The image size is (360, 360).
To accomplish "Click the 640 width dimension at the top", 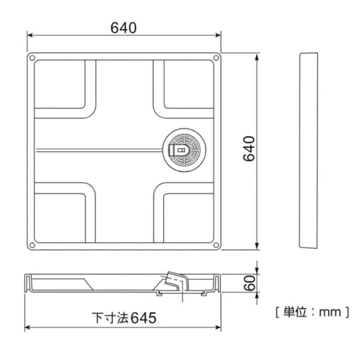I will point(124,28).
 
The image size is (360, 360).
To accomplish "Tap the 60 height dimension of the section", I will point(248,283).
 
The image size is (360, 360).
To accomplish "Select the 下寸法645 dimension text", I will point(124,318).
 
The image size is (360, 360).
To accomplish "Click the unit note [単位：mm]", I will point(312,312).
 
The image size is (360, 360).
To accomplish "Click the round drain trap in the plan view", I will point(184,150).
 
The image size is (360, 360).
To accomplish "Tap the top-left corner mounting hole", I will point(32,58).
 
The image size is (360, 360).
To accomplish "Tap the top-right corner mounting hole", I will point(216,58).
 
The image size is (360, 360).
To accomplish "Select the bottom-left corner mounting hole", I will point(32,245).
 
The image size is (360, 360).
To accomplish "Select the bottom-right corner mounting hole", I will point(216,245).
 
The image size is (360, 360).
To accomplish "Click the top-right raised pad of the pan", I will point(188,84).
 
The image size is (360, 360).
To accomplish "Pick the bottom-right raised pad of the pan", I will point(188,217).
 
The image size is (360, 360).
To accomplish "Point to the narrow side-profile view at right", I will point(308,150).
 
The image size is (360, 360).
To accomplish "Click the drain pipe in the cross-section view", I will point(175,282).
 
